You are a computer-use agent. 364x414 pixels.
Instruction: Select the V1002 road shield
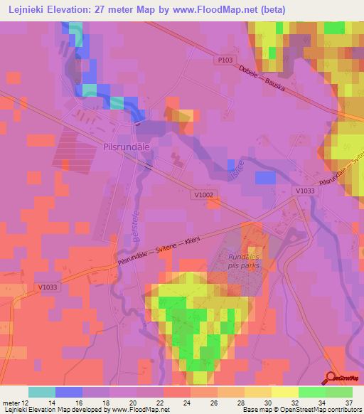point(203,194)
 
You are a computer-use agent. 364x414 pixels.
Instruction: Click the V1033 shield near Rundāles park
point(304,191)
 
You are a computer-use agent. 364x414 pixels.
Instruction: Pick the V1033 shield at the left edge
point(45,287)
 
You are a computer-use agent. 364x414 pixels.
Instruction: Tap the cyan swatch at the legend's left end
point(41,392)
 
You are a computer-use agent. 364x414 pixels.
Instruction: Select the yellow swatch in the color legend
point(284,392)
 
